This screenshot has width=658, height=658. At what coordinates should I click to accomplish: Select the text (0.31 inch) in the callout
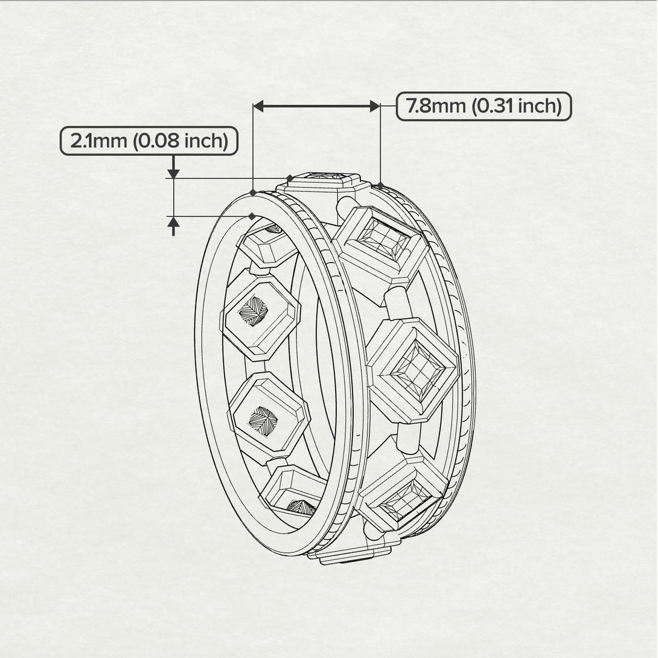tap(517, 107)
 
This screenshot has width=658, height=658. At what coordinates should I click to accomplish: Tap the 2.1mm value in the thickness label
tap(97, 141)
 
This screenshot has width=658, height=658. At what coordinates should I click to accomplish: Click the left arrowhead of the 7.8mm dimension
tap(259, 106)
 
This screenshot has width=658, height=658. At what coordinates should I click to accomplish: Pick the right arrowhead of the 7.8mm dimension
tap(374, 106)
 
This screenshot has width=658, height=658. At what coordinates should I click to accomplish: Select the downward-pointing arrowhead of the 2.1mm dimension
tap(174, 173)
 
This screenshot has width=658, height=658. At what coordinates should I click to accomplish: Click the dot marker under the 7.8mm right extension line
tap(380, 184)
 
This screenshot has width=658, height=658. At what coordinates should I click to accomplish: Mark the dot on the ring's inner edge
tap(252, 216)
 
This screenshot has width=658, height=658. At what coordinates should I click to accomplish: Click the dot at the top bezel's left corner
tap(290, 178)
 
